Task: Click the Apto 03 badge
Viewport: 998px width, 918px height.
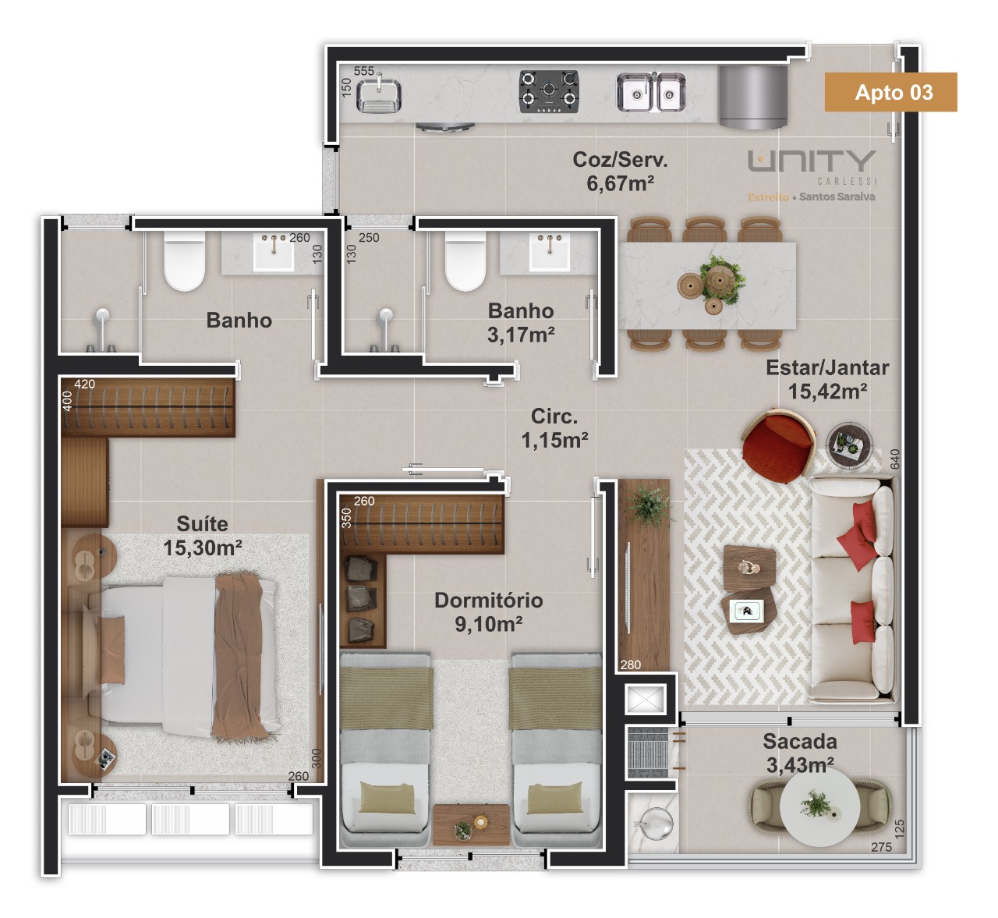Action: [x=890, y=92]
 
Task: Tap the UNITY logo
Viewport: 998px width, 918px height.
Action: [x=812, y=161]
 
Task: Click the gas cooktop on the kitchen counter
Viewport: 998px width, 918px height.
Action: [x=549, y=91]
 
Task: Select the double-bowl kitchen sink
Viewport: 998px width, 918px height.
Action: [x=651, y=92]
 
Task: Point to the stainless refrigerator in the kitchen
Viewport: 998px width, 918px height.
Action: [x=753, y=97]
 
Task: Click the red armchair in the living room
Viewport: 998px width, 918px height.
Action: [x=777, y=445]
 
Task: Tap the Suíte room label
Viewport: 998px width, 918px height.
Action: [x=203, y=523]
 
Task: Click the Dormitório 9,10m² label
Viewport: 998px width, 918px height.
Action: [x=489, y=611]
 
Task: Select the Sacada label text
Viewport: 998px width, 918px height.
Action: [x=800, y=741]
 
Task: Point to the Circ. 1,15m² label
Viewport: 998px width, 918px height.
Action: [x=554, y=428]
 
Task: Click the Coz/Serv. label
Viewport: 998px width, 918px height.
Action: [x=620, y=159]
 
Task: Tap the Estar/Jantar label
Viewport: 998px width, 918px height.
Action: [x=827, y=367]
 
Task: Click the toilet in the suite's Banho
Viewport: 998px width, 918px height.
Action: [x=185, y=261]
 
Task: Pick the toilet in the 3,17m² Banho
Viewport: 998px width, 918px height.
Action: [x=465, y=261]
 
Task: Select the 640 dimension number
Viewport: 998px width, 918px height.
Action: [x=895, y=459]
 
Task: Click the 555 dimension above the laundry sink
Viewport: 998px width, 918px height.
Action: [x=363, y=71]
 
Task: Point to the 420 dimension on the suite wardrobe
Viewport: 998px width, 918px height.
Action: [x=84, y=384]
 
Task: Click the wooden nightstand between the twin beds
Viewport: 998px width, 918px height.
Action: [x=471, y=825]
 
